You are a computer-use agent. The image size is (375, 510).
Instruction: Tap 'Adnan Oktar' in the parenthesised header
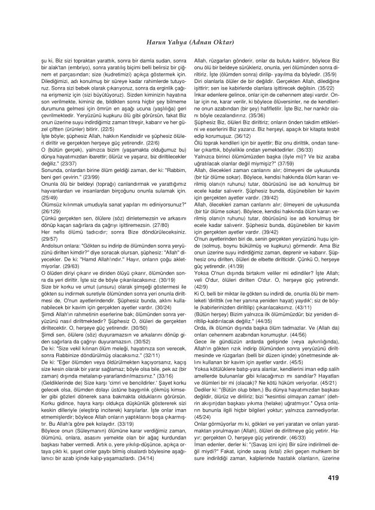pyautogui.click(x=208, y=42)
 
